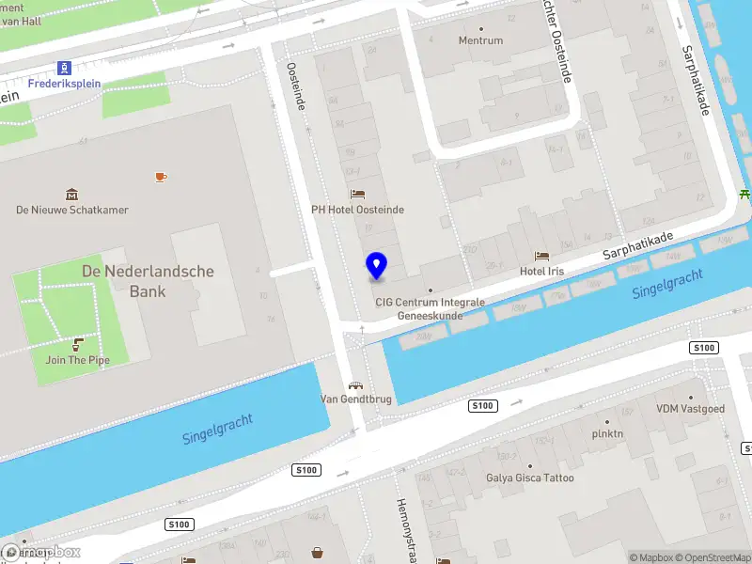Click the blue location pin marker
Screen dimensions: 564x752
(376, 266)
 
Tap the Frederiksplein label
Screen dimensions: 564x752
(64, 84)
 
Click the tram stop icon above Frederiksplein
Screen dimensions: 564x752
(64, 68)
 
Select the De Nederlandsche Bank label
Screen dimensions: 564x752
(148, 281)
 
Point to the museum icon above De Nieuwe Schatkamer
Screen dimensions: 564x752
(71, 195)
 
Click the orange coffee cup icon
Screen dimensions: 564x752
(161, 177)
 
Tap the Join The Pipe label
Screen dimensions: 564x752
(78, 360)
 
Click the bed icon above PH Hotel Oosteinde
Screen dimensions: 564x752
(357, 195)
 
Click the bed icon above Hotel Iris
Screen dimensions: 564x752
(541, 256)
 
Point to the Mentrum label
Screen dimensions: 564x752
(480, 40)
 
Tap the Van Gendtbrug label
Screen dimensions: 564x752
(355, 399)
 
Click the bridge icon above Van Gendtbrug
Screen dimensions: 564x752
(355, 384)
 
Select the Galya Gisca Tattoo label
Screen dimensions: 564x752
(529, 478)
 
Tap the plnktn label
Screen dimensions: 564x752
(607, 434)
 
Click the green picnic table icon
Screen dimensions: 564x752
(744, 195)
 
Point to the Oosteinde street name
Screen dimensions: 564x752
(297, 87)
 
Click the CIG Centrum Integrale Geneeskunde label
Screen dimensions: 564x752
(430, 309)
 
